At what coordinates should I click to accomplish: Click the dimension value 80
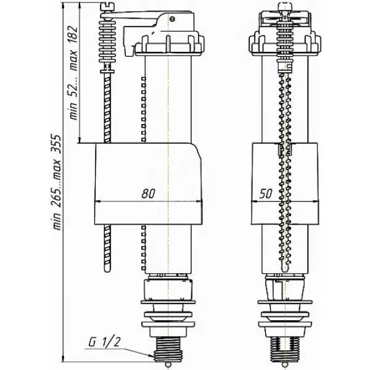(149, 193)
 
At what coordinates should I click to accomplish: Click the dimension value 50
(265, 194)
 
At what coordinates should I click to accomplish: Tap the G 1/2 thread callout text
(105, 342)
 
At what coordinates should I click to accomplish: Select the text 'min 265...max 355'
(57, 182)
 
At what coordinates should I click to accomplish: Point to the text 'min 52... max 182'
(73, 72)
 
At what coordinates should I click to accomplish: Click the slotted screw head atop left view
(107, 6)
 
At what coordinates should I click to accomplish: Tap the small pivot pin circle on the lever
(173, 18)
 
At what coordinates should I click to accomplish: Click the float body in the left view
(148, 184)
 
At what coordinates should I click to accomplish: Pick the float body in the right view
(285, 184)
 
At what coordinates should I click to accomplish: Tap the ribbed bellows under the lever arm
(107, 39)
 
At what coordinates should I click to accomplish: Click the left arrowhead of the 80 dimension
(97, 202)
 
